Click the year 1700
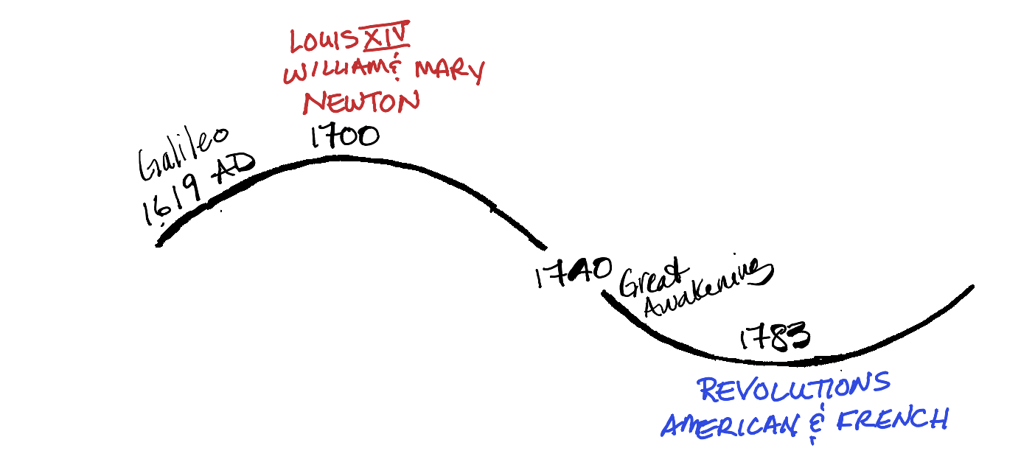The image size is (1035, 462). click(x=344, y=137)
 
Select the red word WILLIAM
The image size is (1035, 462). click(x=334, y=74)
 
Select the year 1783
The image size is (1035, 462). click(x=774, y=337)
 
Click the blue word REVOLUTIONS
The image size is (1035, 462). click(x=793, y=388)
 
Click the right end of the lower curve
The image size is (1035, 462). click(x=972, y=287)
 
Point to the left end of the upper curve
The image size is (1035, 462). click(x=159, y=242)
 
